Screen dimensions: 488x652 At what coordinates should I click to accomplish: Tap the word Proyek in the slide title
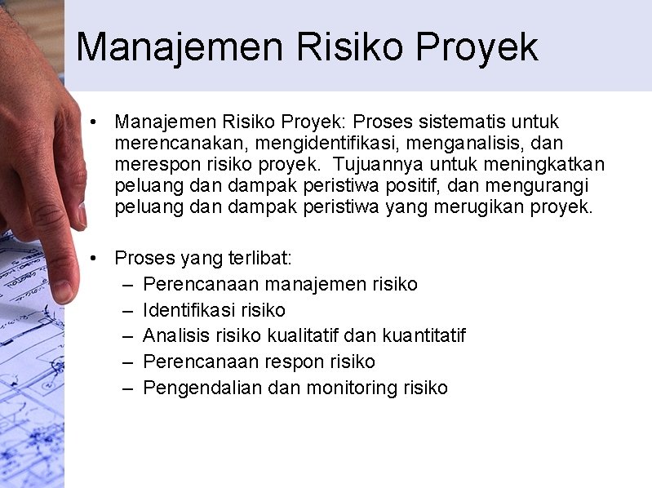(x=477, y=47)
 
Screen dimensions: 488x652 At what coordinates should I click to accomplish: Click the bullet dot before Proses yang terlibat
(x=95, y=259)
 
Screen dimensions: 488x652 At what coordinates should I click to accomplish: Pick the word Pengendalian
(x=202, y=388)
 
